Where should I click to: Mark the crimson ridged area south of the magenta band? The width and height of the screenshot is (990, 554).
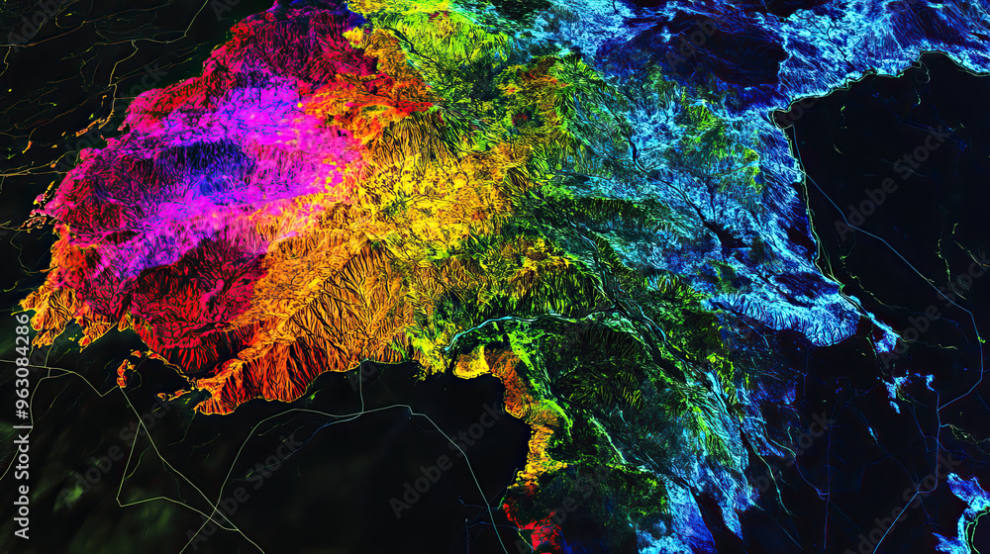coord(188,297)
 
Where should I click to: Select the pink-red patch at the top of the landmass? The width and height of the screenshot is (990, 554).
coord(287,40)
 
